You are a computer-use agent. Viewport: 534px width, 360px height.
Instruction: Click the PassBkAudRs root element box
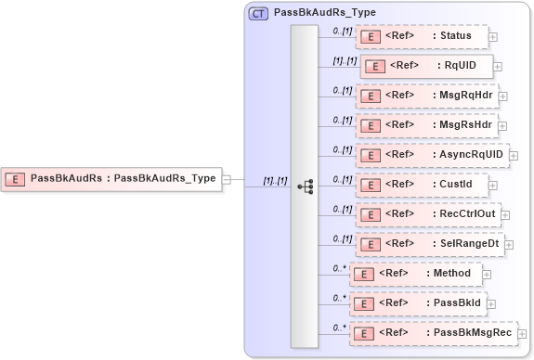click(x=112, y=178)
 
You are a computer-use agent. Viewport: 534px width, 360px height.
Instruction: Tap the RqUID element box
click(x=426, y=66)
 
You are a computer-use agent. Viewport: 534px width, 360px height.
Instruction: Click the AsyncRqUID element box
click(x=432, y=154)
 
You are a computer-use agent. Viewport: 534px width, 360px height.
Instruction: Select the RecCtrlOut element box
click(x=428, y=213)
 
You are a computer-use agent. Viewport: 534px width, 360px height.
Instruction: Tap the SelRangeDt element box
click(x=430, y=244)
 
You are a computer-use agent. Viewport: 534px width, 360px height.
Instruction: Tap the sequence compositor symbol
click(x=306, y=186)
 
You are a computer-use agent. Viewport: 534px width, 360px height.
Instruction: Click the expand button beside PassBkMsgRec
click(x=522, y=334)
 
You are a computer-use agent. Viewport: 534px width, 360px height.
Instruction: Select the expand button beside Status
click(x=492, y=37)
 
